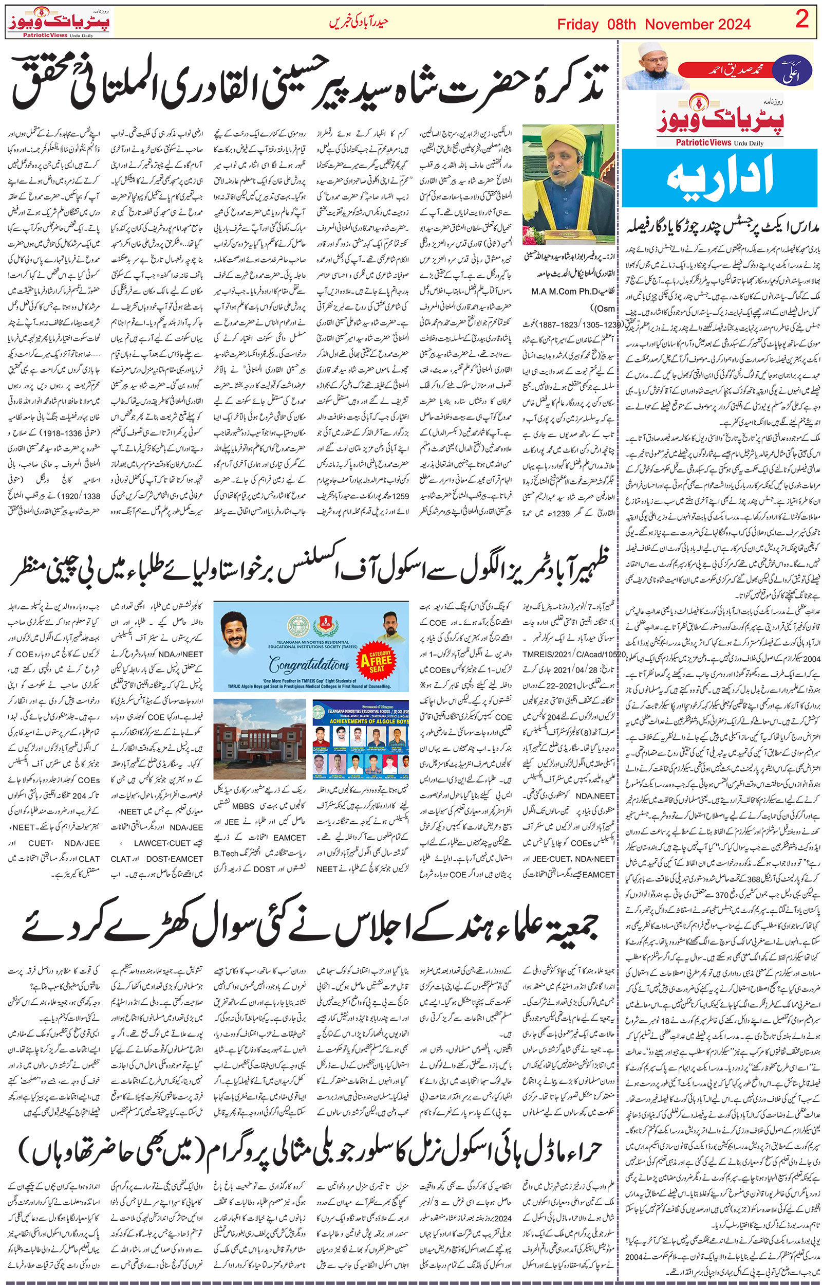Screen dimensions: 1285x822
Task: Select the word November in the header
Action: (677, 25)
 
